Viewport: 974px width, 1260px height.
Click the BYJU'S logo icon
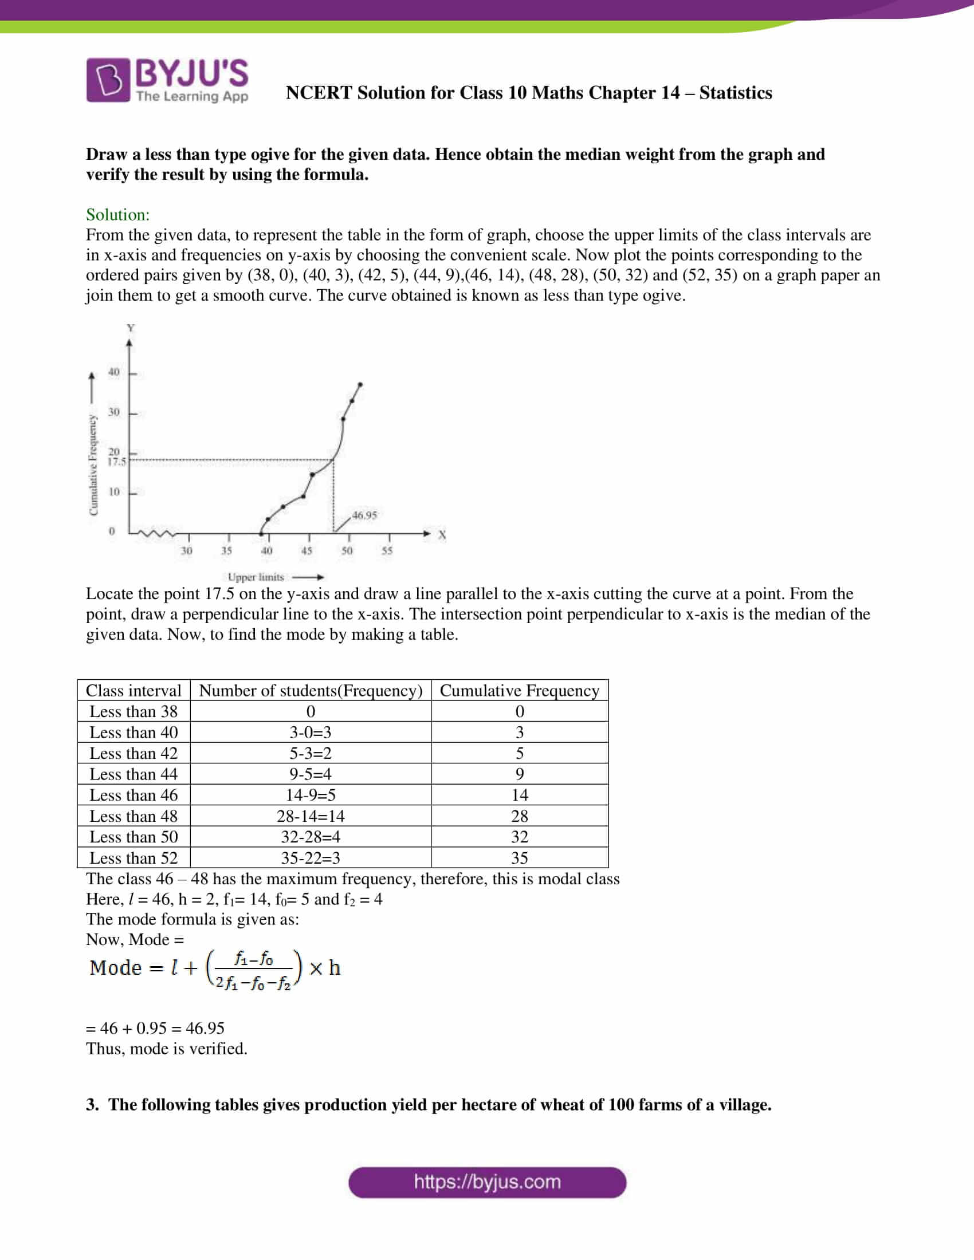pos(108,80)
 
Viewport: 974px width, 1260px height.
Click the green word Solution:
pos(117,215)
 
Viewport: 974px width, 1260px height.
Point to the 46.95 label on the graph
pos(364,515)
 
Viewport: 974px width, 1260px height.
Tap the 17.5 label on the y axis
pos(116,462)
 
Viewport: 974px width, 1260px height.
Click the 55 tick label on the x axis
pos(387,550)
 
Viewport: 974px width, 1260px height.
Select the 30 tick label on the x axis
pos(186,550)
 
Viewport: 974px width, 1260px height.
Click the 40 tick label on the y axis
pos(114,372)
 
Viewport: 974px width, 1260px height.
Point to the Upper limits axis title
pos(256,577)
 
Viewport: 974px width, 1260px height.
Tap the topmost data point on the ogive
pos(360,384)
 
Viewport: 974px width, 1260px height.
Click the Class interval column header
pos(133,690)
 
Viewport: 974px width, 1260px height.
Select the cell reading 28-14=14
pos(311,816)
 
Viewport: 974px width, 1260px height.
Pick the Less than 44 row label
pos(133,774)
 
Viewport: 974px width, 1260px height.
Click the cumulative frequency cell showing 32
pos(519,837)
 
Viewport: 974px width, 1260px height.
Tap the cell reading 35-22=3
pos(311,858)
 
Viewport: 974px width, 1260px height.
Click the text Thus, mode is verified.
pos(167,1048)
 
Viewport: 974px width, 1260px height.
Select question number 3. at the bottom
pos(92,1105)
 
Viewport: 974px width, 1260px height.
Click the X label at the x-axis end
pos(442,535)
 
